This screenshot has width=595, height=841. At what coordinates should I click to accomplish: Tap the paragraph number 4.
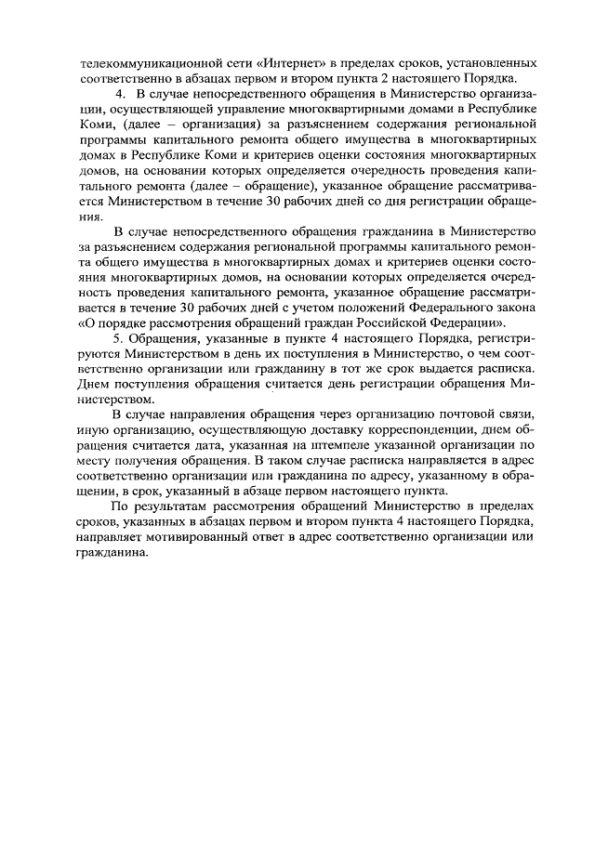[118, 96]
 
